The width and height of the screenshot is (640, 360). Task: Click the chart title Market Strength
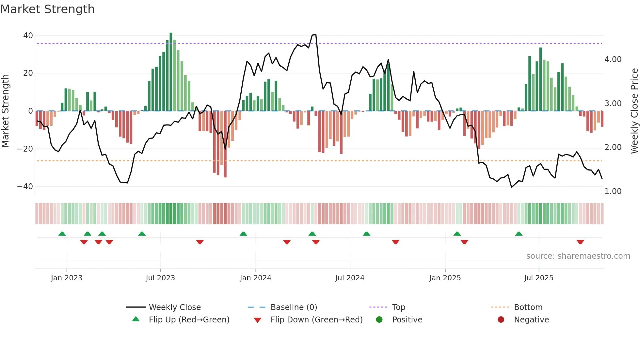[x=47, y=9]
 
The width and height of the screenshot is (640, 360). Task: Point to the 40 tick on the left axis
[x=28, y=35]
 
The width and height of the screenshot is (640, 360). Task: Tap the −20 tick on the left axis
[x=25, y=149]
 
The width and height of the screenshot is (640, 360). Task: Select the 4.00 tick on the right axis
[x=613, y=59]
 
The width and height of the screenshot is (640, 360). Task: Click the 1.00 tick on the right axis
[x=613, y=191]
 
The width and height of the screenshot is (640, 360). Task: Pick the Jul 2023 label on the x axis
[x=160, y=278]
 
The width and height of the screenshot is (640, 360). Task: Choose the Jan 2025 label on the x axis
[x=445, y=278]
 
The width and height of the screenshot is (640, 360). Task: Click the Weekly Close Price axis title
[x=634, y=111]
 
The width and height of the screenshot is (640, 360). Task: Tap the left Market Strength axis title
[x=5, y=111]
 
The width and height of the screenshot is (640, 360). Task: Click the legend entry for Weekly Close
[x=175, y=307]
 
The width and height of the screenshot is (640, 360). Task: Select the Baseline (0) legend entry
[x=294, y=307]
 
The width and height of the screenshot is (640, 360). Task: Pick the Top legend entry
[x=398, y=307]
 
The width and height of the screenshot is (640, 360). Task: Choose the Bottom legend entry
[x=528, y=307]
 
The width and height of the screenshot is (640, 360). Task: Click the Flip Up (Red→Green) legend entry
[x=189, y=320]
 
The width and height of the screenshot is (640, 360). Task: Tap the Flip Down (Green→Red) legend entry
[x=316, y=320]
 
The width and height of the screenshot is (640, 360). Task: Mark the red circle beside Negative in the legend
[x=501, y=319]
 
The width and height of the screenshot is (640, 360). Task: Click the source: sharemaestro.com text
[x=578, y=256]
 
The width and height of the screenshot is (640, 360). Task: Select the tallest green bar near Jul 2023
[x=171, y=72]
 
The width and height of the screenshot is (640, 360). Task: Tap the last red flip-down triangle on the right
[x=580, y=242]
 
